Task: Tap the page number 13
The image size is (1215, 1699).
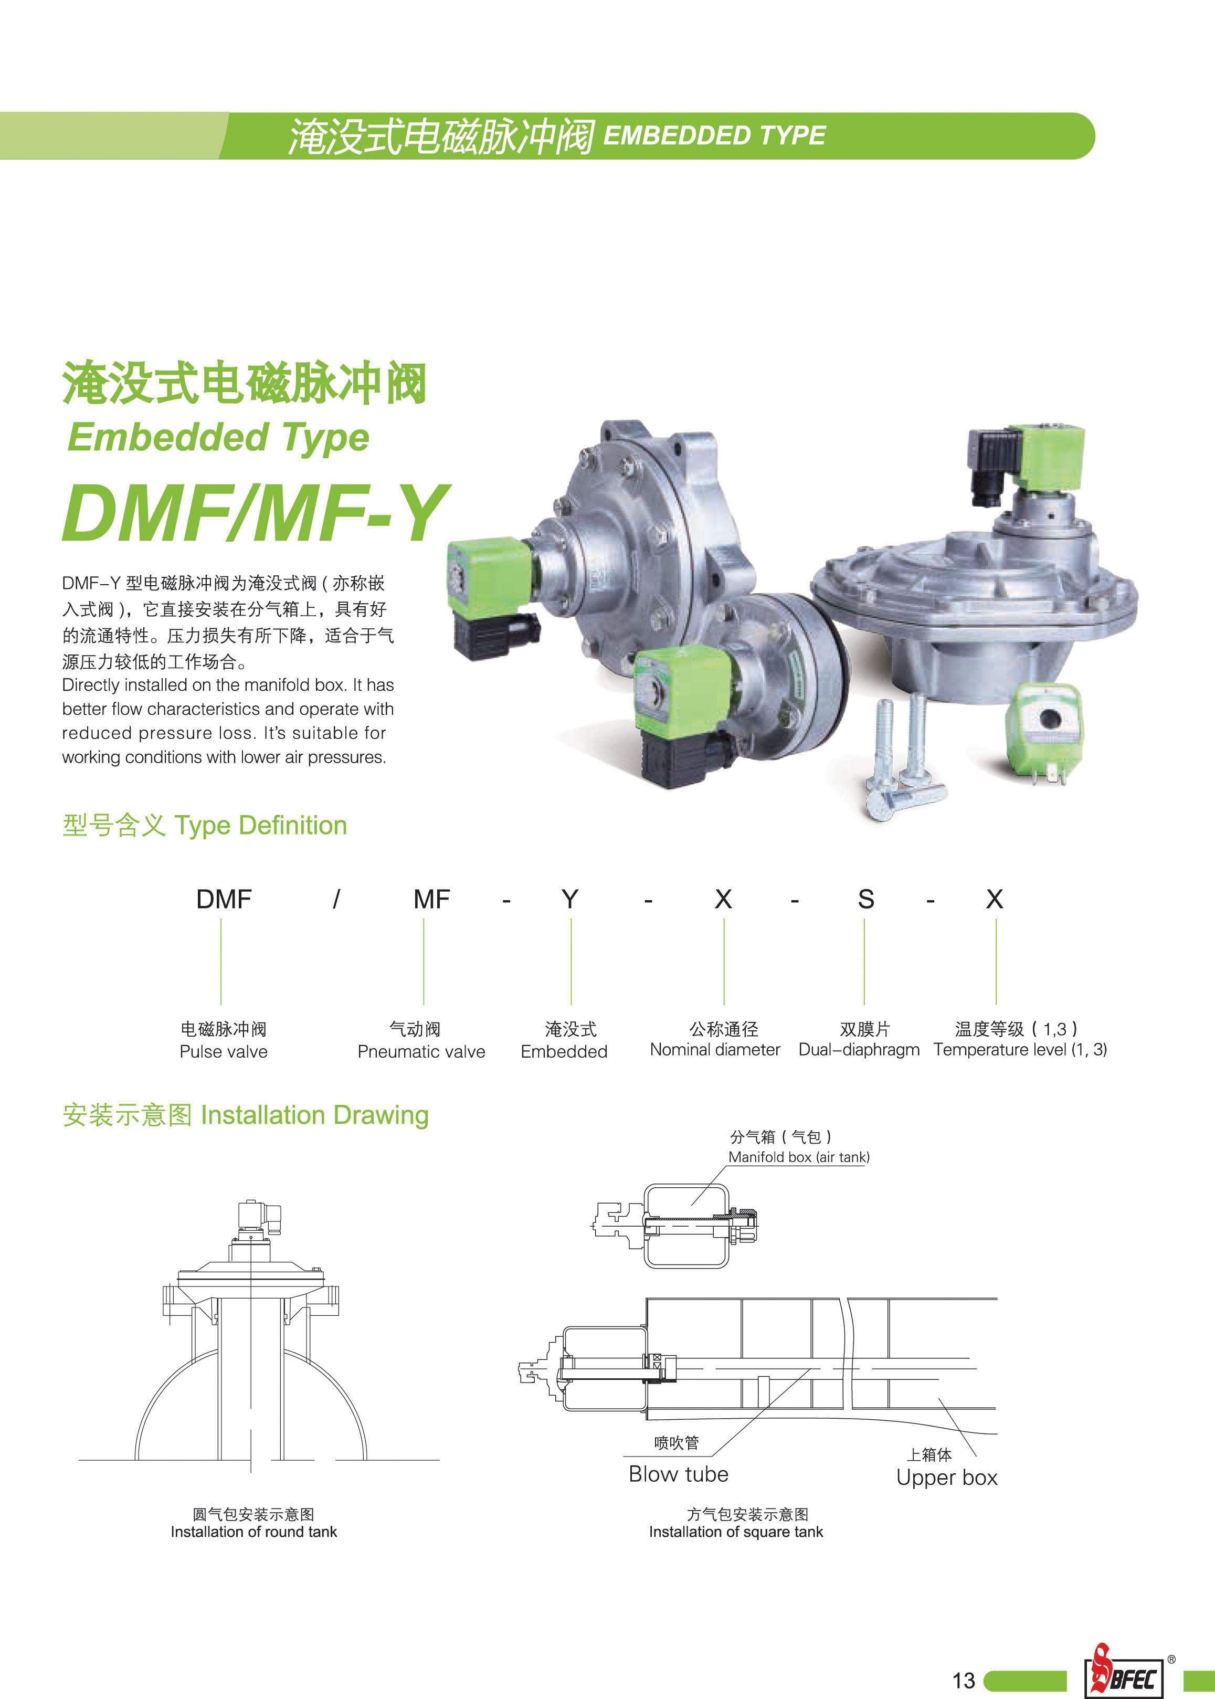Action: pyautogui.click(x=964, y=1680)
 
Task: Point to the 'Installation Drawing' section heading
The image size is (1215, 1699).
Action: pyautogui.click(x=246, y=1115)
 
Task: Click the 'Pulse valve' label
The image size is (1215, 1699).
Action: pyautogui.click(x=223, y=1051)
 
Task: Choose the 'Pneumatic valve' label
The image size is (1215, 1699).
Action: pyautogui.click(x=421, y=1051)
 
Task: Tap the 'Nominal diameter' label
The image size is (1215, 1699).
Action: pyautogui.click(x=714, y=1050)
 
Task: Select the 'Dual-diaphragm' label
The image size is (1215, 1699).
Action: pyautogui.click(x=859, y=1050)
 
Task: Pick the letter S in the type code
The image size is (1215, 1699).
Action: pyautogui.click(x=865, y=899)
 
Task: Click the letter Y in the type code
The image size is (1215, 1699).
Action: pyautogui.click(x=570, y=899)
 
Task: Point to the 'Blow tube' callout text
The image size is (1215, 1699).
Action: pyautogui.click(x=678, y=1474)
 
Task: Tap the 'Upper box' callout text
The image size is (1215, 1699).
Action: pyautogui.click(x=946, y=1478)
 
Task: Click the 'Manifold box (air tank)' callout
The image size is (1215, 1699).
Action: pyautogui.click(x=799, y=1157)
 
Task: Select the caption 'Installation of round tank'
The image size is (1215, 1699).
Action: pyautogui.click(x=253, y=1532)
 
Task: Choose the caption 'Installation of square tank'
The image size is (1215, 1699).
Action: pyautogui.click(x=735, y=1532)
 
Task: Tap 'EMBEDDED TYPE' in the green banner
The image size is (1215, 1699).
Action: pyautogui.click(x=714, y=135)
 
